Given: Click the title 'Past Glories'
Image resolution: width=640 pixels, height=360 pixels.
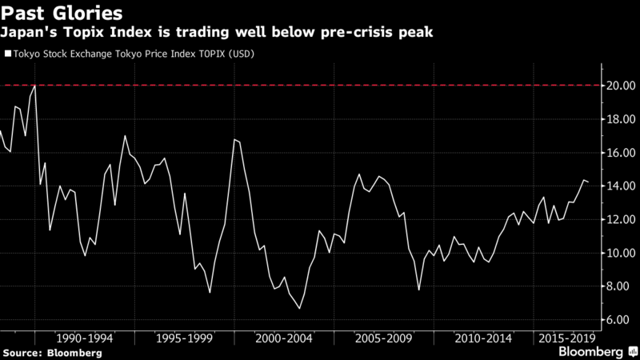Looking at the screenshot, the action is coord(62,14).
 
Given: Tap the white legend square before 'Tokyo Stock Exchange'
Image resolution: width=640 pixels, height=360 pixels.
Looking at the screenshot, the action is coord(8,54).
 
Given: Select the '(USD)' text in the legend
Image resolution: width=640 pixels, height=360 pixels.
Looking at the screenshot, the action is coord(242,54).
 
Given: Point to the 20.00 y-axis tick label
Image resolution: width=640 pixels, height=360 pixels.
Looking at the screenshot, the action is coord(621,86).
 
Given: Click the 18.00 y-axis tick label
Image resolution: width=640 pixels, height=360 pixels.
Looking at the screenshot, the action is coord(621,119).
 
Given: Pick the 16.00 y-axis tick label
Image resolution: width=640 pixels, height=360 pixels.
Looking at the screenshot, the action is coord(621,153).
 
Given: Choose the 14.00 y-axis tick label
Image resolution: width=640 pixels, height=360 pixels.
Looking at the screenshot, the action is coord(621,186).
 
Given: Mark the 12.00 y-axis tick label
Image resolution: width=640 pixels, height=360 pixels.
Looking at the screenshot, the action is coord(621,219).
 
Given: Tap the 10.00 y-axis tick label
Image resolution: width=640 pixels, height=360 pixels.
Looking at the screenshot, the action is coord(621,253).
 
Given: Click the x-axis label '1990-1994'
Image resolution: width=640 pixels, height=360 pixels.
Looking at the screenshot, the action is coord(85,338).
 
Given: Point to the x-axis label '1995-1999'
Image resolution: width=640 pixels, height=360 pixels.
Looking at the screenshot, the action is coord(185,338).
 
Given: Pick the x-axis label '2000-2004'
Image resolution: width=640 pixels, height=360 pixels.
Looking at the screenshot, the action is coord(284,338).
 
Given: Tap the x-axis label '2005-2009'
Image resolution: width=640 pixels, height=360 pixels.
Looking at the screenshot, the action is coord(384,338).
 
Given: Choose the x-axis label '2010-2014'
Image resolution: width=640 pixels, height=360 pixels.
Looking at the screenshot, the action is coord(483,338).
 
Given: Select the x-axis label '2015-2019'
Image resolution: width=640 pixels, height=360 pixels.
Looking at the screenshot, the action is coord(567,338).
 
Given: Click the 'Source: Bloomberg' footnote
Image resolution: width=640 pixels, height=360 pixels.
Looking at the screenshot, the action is coord(53,353).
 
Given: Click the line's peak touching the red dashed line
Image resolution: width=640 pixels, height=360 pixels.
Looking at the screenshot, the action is coord(34,86).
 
